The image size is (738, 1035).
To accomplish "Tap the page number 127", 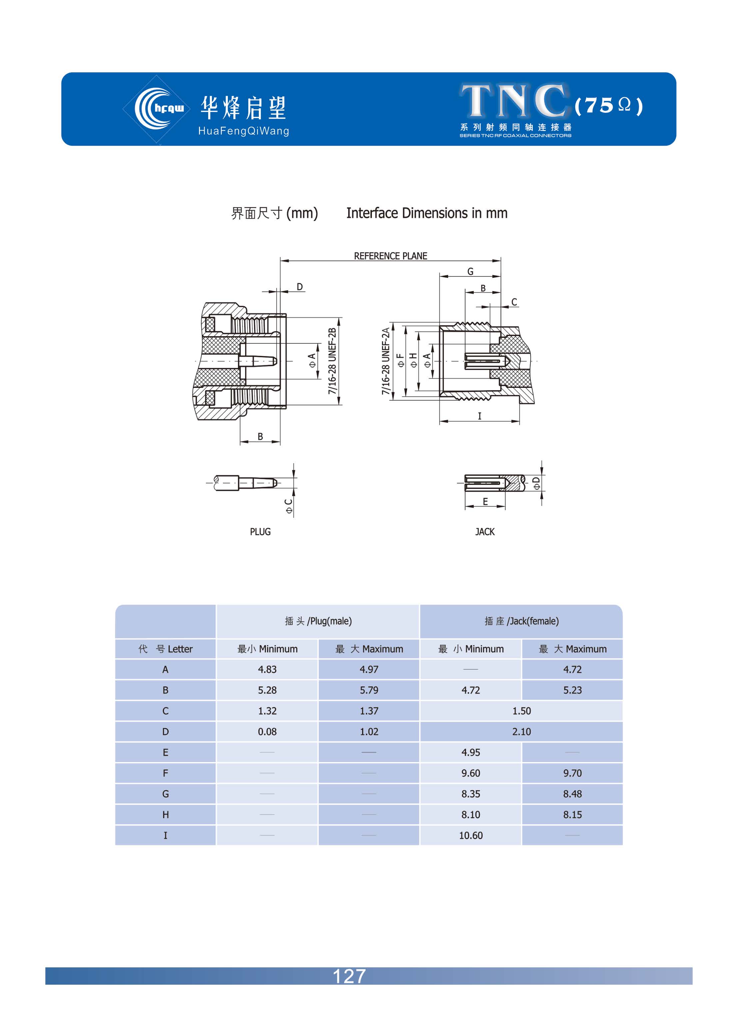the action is click(349, 976).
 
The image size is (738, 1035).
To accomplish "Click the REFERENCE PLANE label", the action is click(390, 256).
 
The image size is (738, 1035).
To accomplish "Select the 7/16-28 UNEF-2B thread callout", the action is click(332, 361).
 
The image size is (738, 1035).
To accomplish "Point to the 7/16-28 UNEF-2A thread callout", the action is click(385, 361).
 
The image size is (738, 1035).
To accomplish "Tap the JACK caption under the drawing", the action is click(485, 531).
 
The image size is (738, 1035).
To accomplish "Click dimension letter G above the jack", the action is click(470, 271).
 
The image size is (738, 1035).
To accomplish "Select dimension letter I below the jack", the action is click(479, 416).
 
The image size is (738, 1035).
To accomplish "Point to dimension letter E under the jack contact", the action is click(485, 502).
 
